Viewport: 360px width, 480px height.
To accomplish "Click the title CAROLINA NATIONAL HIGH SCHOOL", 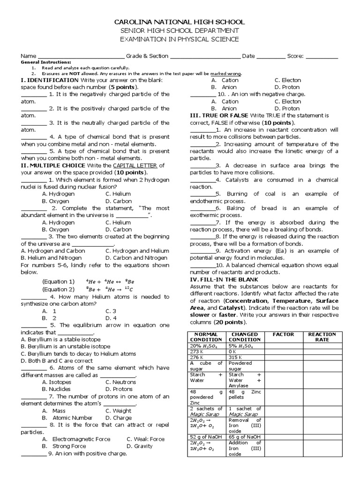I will click(x=180, y=22).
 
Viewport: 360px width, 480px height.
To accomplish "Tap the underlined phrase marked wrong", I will click(x=226, y=74).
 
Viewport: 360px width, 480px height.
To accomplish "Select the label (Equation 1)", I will click(x=58, y=282).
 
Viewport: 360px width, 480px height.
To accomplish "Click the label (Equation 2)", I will click(x=58, y=289).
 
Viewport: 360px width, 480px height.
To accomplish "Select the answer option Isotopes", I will click(x=57, y=382).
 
